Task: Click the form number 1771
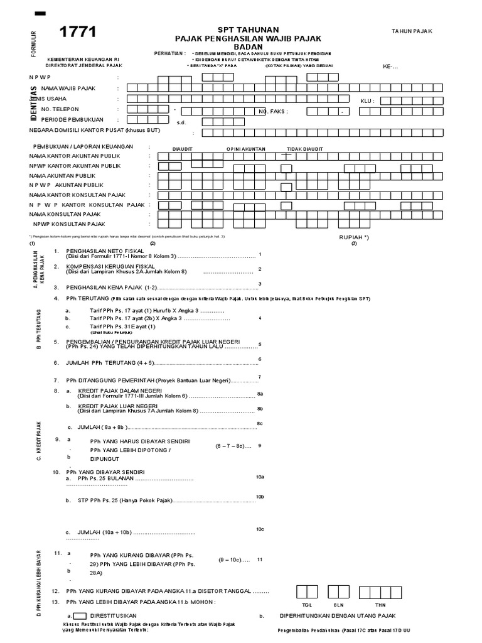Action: tap(78, 34)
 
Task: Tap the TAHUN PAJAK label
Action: tap(412, 31)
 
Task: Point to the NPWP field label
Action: tap(44, 77)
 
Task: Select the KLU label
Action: tap(367, 100)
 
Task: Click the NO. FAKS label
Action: tap(272, 111)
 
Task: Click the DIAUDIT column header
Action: tap(183, 149)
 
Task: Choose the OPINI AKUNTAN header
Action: tap(246, 149)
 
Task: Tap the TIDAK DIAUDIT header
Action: tap(305, 149)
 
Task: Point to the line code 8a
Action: tap(260, 394)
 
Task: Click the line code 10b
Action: tap(260, 497)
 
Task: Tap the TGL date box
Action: tap(307, 592)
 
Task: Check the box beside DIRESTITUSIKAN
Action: tap(80, 616)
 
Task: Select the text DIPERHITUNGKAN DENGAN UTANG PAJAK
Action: tap(338, 616)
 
